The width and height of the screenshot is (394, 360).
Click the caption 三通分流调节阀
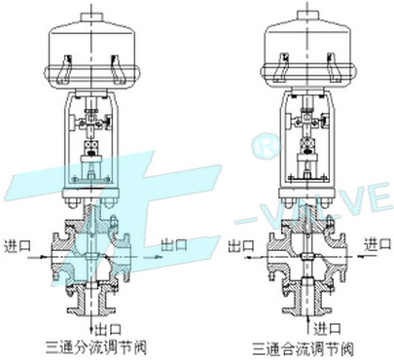(x=96, y=347)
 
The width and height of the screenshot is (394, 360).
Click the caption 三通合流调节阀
(x=303, y=349)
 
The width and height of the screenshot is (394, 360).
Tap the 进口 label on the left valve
(x=18, y=245)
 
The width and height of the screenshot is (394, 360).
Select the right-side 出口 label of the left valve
(x=174, y=244)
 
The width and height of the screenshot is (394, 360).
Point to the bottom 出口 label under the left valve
(x=108, y=329)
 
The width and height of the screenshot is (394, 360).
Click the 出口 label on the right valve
(x=241, y=245)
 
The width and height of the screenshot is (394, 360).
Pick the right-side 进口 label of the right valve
(x=377, y=244)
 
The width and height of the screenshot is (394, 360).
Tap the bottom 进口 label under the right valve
(x=327, y=328)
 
